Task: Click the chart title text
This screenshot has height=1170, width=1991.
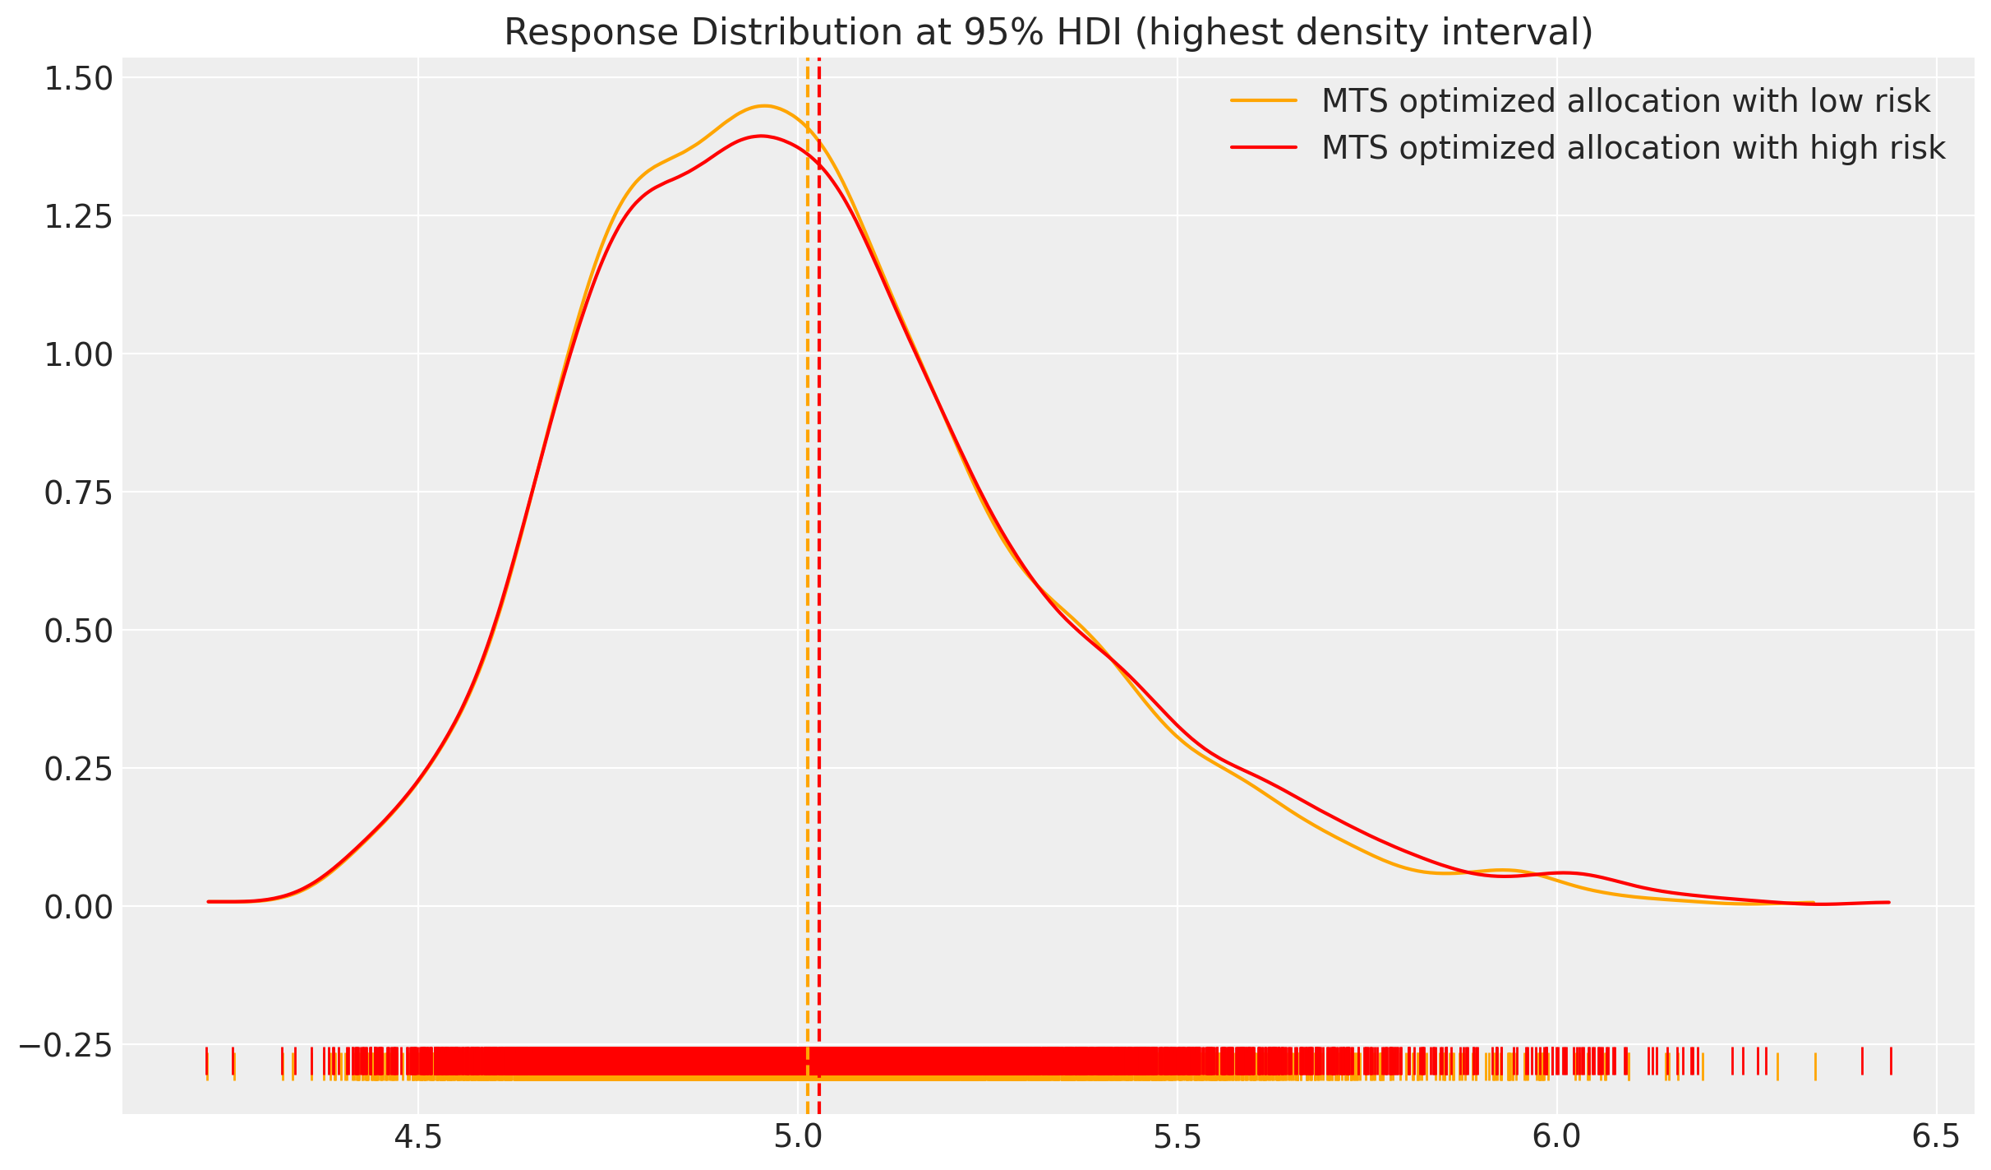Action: (x=1048, y=33)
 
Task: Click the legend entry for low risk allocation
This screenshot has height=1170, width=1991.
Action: (x=1625, y=101)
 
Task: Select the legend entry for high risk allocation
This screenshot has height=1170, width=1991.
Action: (x=1633, y=148)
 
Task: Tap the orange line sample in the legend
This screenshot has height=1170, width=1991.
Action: (x=1263, y=101)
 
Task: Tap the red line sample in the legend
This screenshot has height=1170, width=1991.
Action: (x=1263, y=148)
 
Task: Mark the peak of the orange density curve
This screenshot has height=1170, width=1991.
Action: (x=764, y=106)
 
